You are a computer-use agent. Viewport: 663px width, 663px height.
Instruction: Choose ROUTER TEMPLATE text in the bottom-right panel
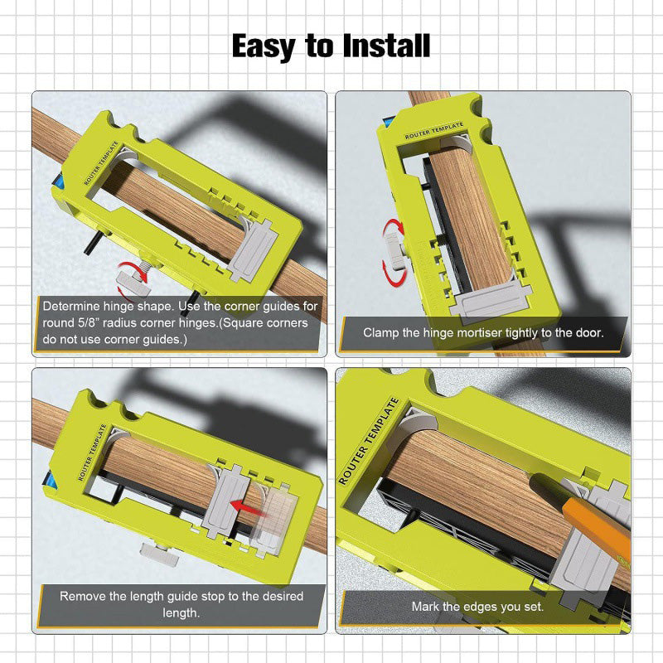(x=370, y=440)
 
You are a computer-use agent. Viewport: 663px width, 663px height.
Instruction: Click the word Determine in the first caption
(x=72, y=306)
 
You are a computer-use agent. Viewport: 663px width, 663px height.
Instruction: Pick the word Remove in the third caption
(x=83, y=597)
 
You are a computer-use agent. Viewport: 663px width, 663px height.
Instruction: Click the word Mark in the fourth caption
(x=427, y=607)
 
